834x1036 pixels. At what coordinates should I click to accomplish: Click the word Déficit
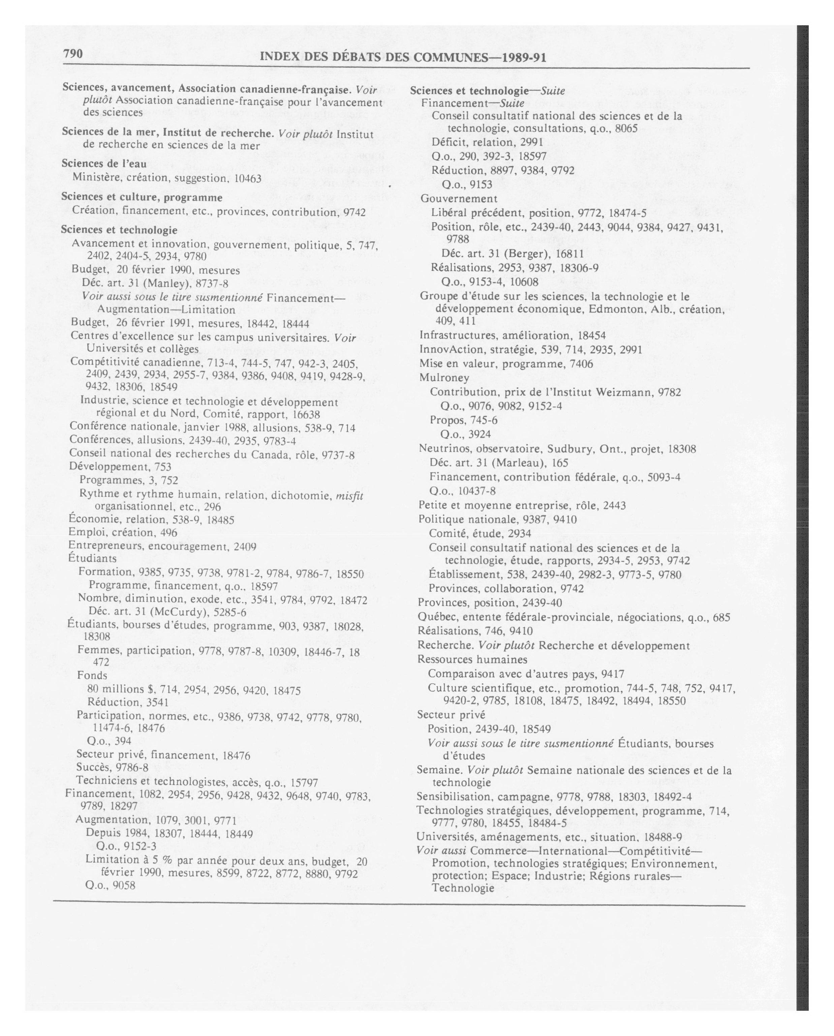pos(449,142)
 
